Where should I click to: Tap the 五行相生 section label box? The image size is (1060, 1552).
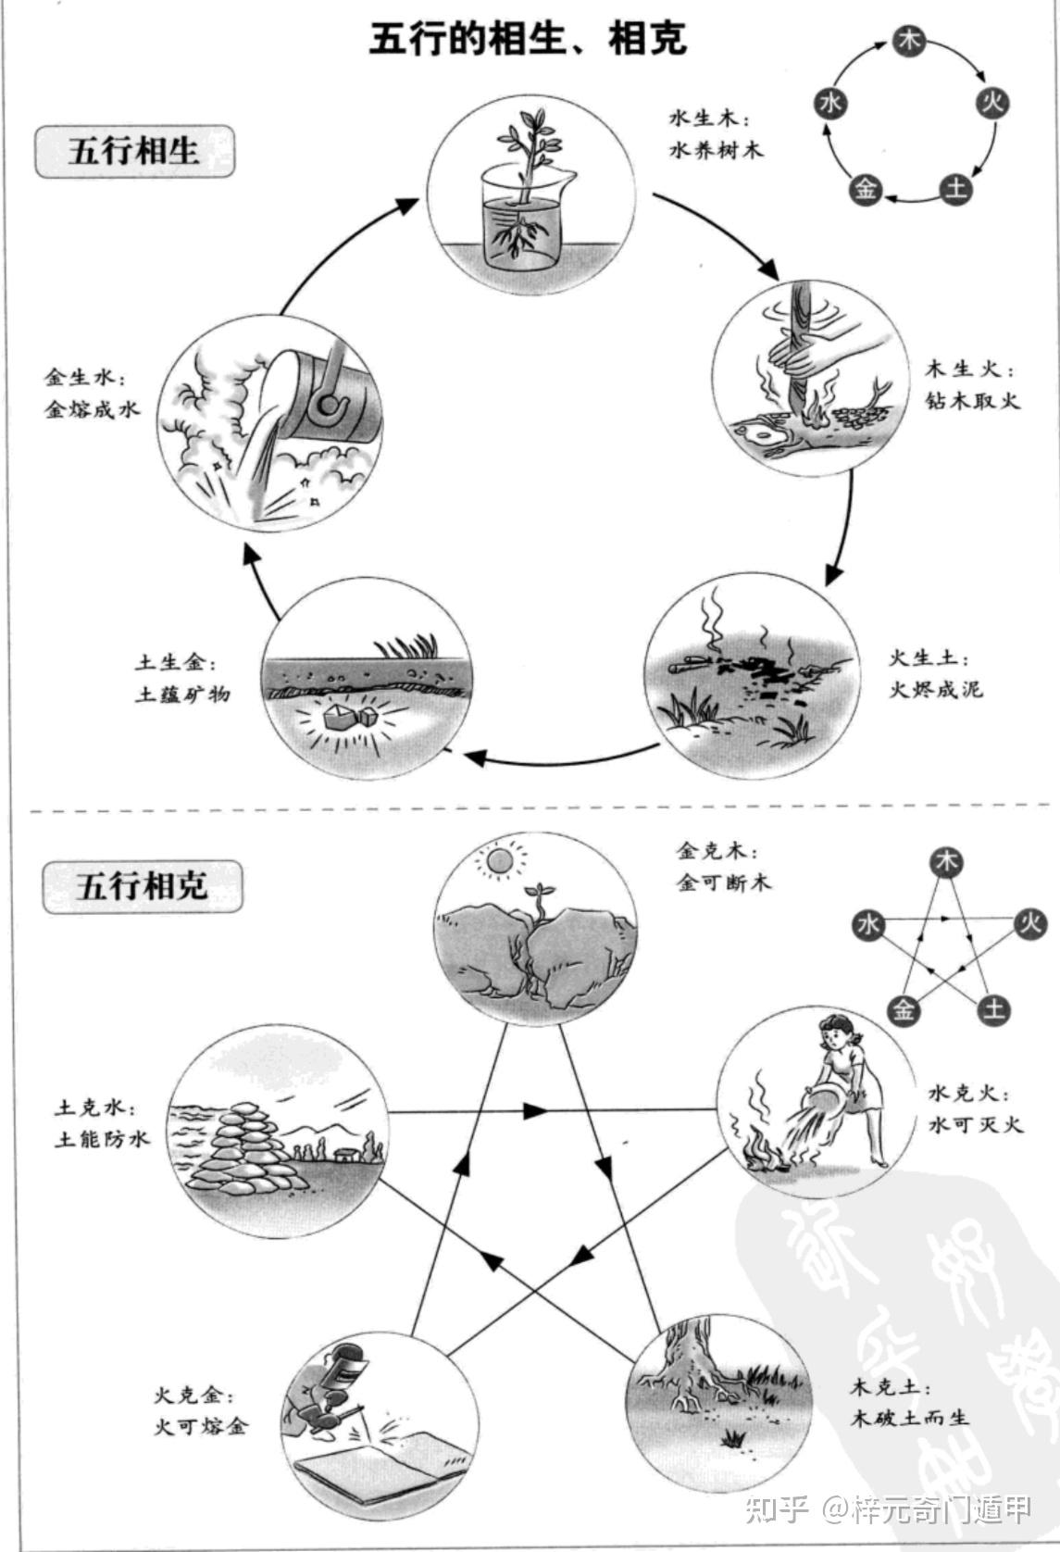134,151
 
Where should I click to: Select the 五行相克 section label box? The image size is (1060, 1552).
142,887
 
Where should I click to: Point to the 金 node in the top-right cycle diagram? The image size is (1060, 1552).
866,189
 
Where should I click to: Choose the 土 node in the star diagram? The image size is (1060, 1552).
993,1008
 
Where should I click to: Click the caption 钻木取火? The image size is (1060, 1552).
972,401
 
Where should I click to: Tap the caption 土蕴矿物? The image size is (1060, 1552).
182,695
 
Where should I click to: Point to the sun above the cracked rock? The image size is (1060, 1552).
499,861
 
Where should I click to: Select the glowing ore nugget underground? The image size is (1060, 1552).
344,716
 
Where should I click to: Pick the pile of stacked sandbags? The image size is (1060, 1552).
247,1145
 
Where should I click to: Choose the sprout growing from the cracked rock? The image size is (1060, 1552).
536,896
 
